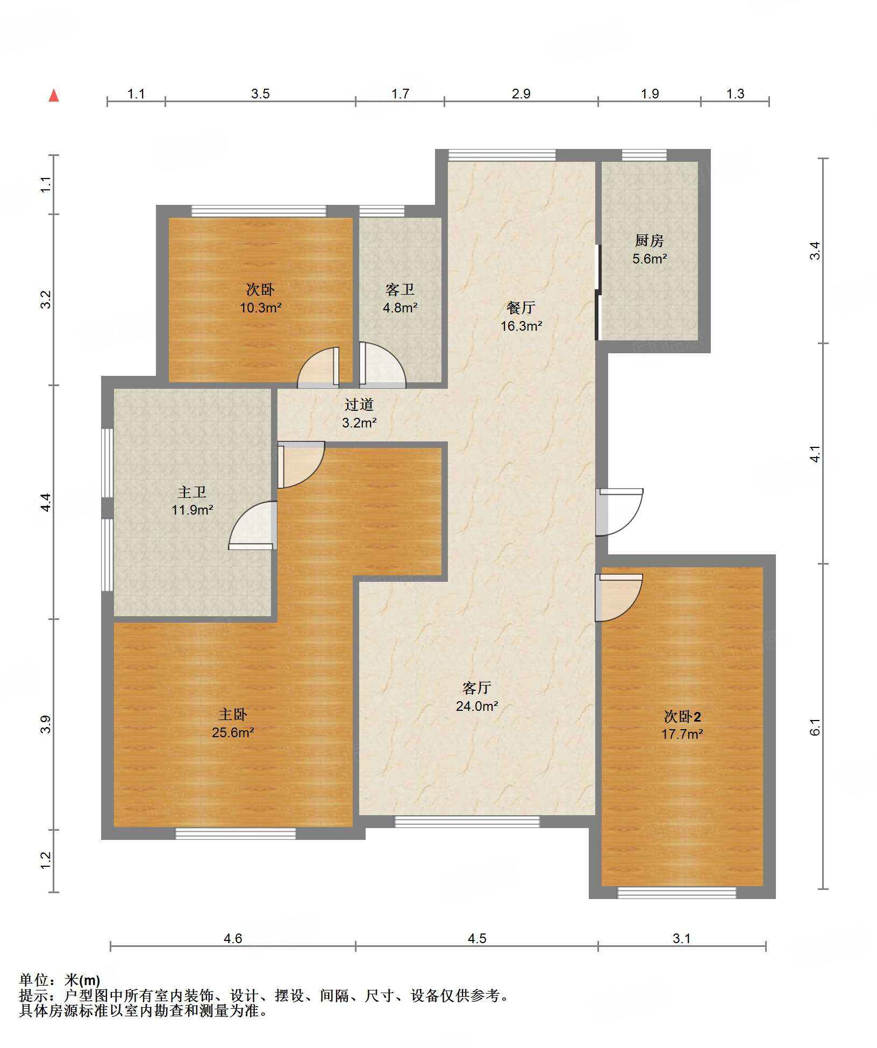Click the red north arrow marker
[54, 96]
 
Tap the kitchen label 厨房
[650, 240]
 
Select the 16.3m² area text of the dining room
[521, 326]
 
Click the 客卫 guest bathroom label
[400, 290]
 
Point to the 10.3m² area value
[261, 308]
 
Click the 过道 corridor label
[359, 404]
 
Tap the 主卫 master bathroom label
[192, 492]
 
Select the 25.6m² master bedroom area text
[233, 732]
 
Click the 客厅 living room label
[477, 688]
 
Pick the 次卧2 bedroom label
[682, 716]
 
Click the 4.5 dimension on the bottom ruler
[477, 938]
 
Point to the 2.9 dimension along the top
[521, 94]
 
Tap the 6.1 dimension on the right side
[815, 727]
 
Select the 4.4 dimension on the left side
[46, 502]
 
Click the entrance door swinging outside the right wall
[619, 512]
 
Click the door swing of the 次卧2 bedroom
[619, 598]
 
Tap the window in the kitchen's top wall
[644, 155]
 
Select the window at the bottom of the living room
[467, 821]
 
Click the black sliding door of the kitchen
[598, 293]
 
